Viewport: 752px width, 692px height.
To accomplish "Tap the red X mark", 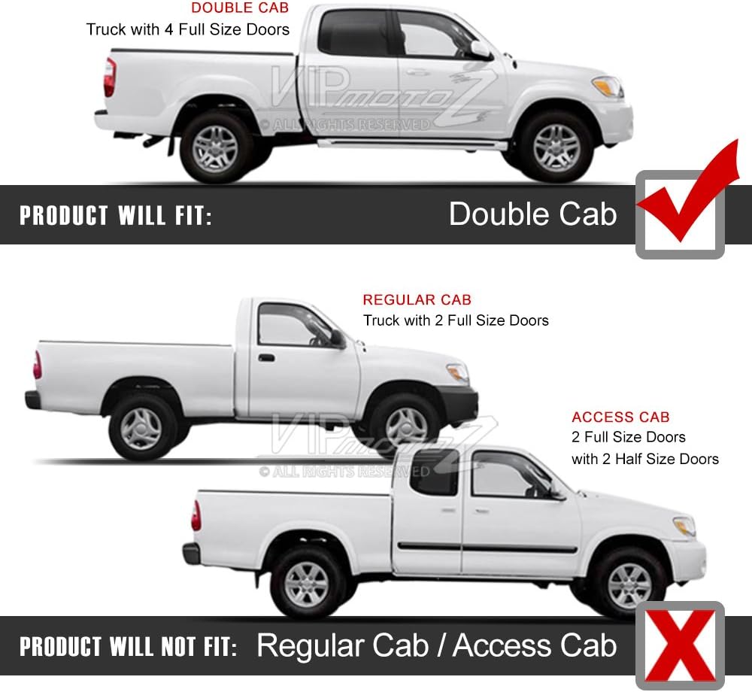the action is tap(680, 645).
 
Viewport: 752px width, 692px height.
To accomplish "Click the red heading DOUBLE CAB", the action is tap(240, 8).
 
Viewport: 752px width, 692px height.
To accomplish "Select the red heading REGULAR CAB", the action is tap(417, 299).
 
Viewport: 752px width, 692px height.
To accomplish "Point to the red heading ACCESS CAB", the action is tap(620, 417).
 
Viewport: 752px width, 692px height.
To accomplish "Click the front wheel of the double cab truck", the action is tap(556, 147).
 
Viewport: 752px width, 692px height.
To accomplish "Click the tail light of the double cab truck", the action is tap(110, 77).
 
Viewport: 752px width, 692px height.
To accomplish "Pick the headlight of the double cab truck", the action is tap(608, 86).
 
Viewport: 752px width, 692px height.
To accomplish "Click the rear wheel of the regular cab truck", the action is tap(141, 428).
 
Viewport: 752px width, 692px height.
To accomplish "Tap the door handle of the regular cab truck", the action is tap(266, 358).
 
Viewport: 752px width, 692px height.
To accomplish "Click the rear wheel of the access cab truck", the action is tap(306, 584).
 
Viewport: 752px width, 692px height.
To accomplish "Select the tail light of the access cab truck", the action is tap(196, 515).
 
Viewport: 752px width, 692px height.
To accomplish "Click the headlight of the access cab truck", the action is tap(684, 526).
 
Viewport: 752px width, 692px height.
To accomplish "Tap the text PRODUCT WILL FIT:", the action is tap(116, 215).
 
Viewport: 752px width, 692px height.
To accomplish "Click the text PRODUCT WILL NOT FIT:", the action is tap(128, 646).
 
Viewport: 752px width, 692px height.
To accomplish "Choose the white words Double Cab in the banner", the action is tap(532, 214).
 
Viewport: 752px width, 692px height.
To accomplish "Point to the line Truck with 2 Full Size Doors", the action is tap(456, 320).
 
